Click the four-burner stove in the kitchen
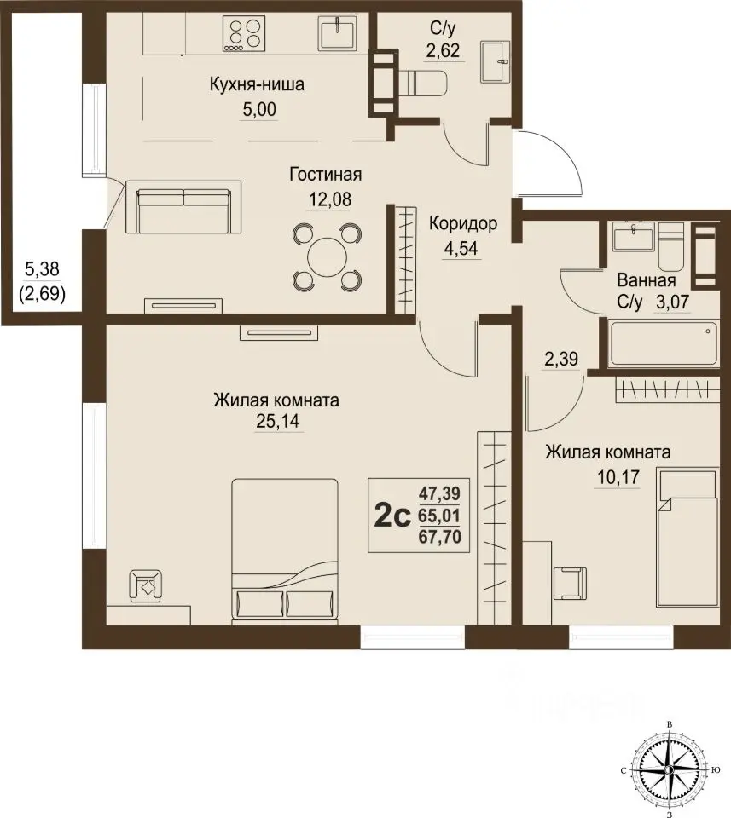coord(242,33)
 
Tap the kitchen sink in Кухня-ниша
coord(337,33)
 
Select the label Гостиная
coord(326,174)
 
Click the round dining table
coord(328,256)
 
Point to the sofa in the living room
coord(183,208)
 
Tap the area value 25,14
coord(277,421)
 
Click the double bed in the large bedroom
coord(285,551)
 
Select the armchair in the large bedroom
coord(146,586)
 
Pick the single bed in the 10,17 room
coord(686,538)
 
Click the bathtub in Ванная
coord(663,343)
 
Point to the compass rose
coord(669,769)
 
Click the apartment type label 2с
coord(392,516)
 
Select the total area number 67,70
coord(439,537)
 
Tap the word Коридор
coord(462,223)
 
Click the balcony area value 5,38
coord(43,269)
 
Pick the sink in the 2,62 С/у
coord(495,61)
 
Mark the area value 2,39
coord(561,359)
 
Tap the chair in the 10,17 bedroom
coord(571,584)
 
